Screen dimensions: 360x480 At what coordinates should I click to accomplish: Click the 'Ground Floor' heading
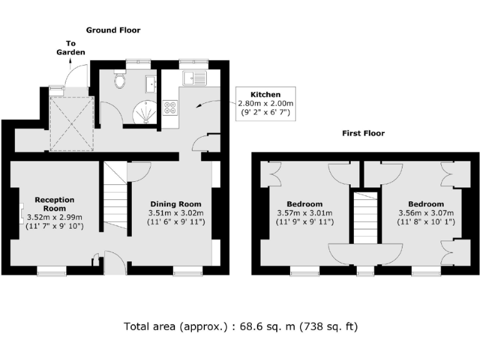113,30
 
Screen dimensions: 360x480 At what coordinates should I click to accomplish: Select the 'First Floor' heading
363,133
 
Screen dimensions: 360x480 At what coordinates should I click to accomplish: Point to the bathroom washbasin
150,84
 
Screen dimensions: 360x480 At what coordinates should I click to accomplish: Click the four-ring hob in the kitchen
170,107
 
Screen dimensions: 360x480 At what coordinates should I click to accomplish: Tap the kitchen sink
194,78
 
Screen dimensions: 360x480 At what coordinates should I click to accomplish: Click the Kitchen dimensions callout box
266,104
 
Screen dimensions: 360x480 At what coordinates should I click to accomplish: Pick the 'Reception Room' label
54,204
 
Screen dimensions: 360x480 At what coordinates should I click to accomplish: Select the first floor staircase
366,218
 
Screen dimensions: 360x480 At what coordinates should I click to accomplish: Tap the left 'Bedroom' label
304,204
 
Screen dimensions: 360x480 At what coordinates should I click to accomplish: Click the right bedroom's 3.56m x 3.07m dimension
426,212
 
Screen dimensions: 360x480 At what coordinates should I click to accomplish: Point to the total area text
241,326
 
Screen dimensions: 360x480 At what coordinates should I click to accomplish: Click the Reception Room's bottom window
52,271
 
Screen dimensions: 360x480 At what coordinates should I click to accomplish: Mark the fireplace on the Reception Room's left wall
21,212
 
